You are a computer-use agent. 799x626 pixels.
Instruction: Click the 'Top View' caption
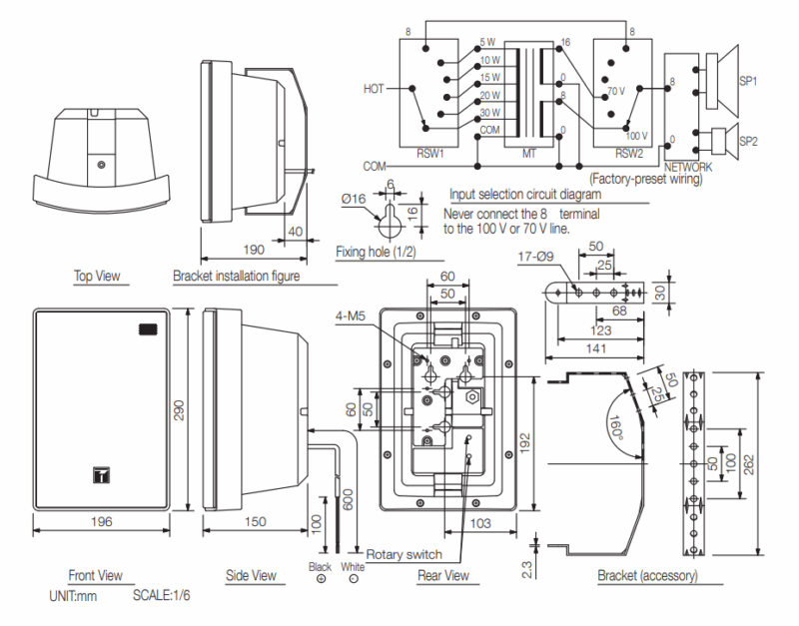pyautogui.click(x=97, y=276)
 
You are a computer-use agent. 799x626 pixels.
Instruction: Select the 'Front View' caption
pyautogui.click(x=95, y=575)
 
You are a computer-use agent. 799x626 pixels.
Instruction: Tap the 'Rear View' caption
pyautogui.click(x=443, y=575)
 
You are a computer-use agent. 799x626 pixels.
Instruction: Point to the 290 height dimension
pyautogui.click(x=181, y=411)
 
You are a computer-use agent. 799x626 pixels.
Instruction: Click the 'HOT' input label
pyautogui.click(x=373, y=88)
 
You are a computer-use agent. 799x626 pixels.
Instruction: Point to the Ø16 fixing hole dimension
pyautogui.click(x=353, y=200)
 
